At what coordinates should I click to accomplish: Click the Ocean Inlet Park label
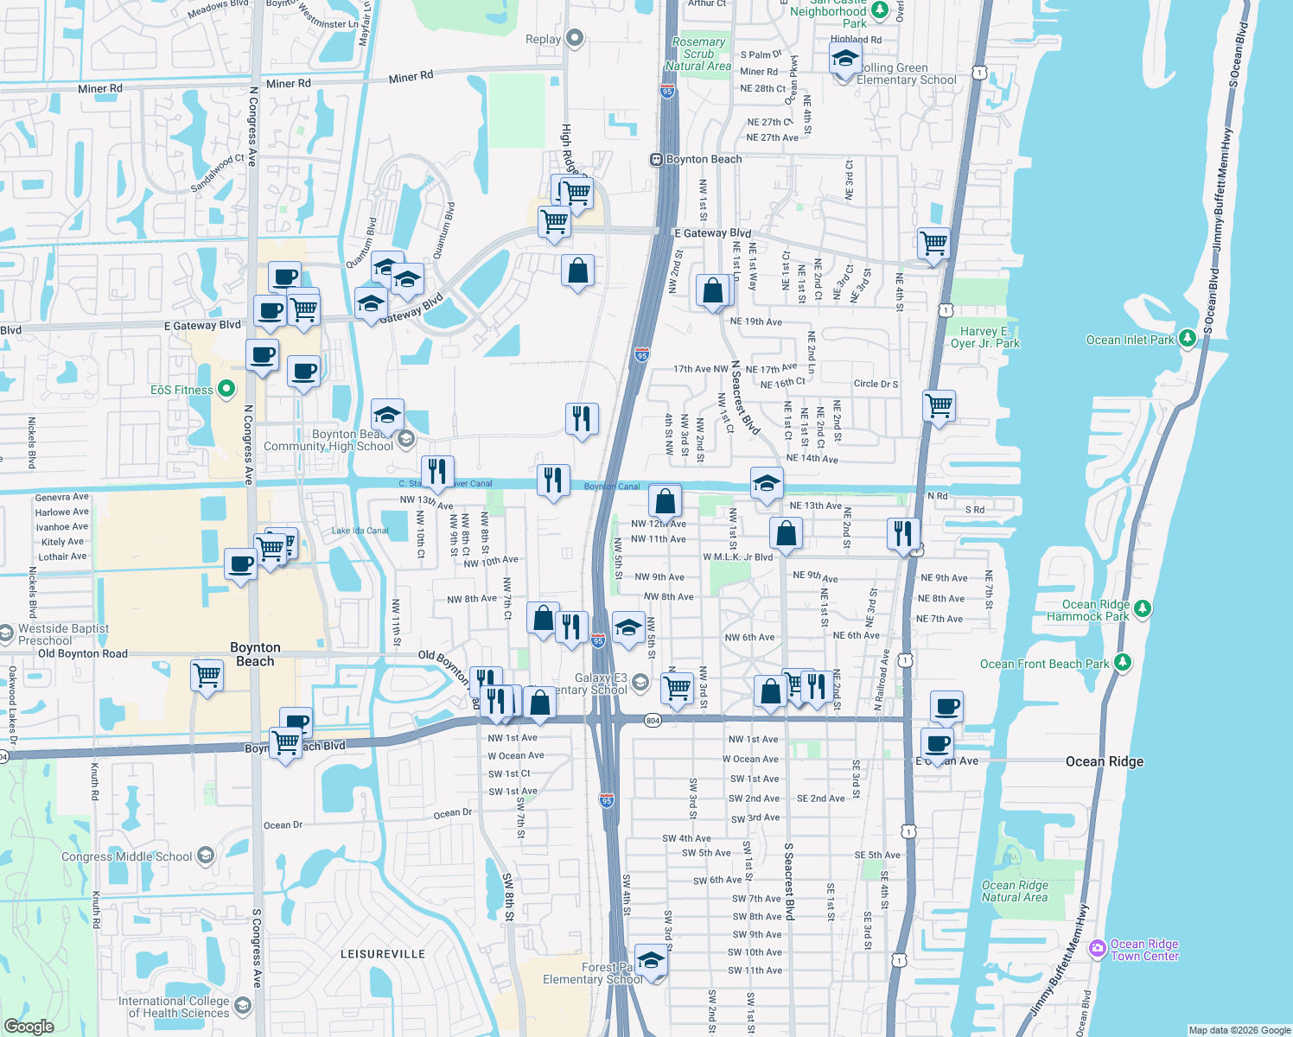1130,340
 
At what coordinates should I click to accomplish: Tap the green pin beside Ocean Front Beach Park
1122,663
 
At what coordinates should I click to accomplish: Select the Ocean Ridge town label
1104,761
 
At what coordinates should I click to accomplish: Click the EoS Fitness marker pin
226,390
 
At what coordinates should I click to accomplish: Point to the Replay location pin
575,38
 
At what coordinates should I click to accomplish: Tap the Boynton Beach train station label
704,159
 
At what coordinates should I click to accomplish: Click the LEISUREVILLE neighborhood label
382,954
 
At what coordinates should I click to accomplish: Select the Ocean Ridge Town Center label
1144,950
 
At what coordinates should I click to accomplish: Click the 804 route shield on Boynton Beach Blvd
653,720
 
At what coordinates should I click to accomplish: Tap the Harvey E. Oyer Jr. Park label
985,337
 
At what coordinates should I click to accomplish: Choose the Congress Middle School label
127,856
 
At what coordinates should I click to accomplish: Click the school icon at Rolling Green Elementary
844,60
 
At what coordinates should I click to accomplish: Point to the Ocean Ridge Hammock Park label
1088,610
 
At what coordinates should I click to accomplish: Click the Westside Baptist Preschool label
63,634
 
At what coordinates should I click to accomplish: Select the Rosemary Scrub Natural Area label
698,54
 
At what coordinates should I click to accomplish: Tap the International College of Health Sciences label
175,1007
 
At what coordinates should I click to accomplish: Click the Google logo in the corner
29,1026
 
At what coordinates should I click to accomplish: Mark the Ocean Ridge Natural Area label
1015,891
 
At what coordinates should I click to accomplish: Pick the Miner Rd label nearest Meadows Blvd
100,88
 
